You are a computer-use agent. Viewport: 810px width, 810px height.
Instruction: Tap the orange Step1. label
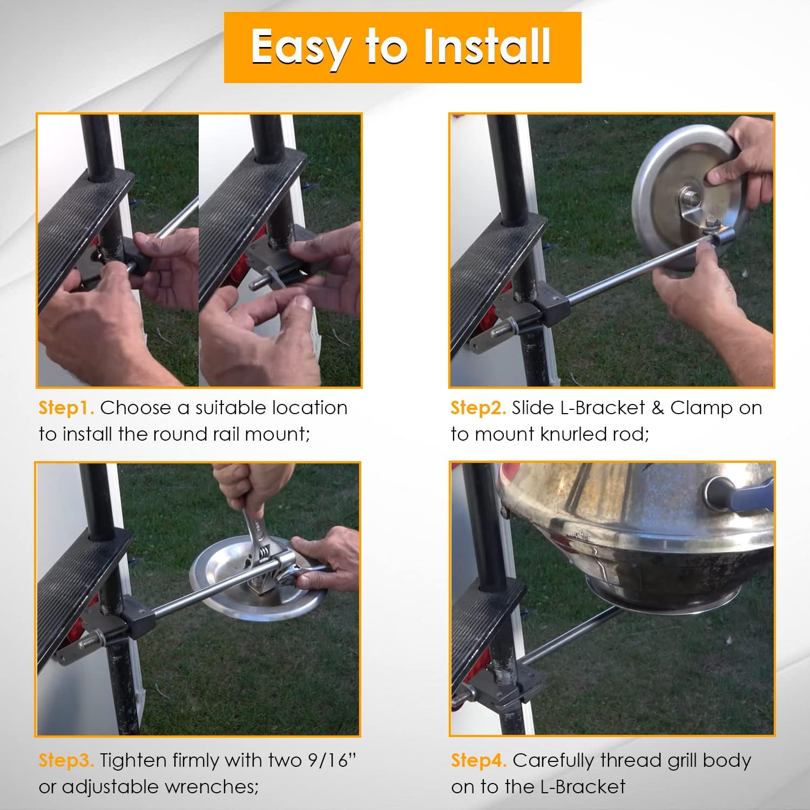[x=66, y=408]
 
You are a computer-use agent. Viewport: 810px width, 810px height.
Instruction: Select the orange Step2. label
[x=478, y=408]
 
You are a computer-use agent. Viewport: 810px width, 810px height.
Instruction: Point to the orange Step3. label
[x=66, y=761]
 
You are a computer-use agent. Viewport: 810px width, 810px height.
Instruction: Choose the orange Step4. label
[x=478, y=761]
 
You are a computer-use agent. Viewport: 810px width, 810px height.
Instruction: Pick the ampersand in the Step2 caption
[x=657, y=408]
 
